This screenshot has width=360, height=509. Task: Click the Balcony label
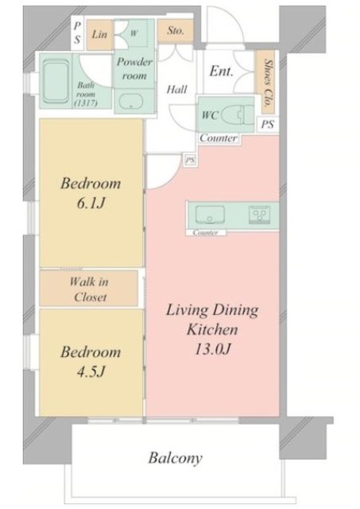tap(176, 458)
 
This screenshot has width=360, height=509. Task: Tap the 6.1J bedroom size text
tap(91, 204)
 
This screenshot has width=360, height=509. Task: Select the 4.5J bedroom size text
tap(91, 372)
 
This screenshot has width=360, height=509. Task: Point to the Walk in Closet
tap(89, 289)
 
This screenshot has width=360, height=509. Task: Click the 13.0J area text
tap(213, 349)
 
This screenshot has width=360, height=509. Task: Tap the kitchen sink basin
tap(210, 215)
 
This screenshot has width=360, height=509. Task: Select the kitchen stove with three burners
tap(259, 215)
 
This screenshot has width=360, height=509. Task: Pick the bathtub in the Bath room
tap(56, 81)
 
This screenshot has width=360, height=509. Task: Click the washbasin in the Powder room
tap(131, 103)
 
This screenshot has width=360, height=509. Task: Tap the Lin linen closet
tap(99, 35)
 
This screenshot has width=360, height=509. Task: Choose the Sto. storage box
tap(176, 31)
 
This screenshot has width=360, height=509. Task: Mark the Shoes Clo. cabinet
tap(268, 83)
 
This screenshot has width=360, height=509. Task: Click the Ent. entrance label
tap(221, 71)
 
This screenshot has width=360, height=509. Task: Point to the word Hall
tap(176, 89)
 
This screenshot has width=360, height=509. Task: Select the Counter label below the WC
tap(219, 138)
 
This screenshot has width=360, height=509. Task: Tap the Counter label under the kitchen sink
tap(206, 232)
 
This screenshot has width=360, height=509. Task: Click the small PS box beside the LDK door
tap(191, 160)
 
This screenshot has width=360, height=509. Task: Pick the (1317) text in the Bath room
tap(86, 103)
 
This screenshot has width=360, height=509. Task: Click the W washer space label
tap(134, 33)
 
